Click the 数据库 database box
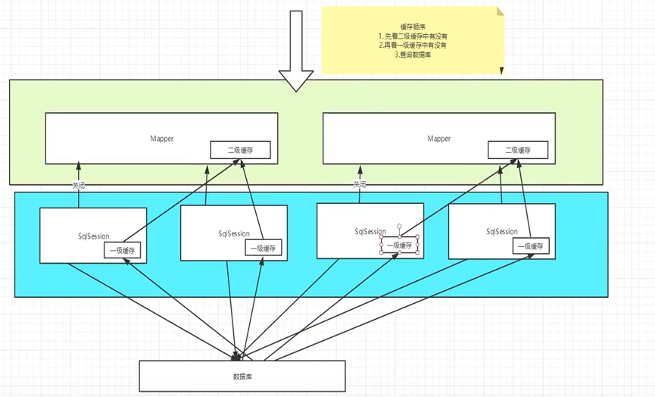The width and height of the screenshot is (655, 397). coord(242,375)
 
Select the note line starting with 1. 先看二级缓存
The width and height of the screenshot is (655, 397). coord(412,35)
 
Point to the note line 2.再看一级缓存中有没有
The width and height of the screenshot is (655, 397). coord(413,45)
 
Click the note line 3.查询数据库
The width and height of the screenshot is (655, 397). coord(412,55)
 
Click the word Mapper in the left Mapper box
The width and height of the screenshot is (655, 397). coord(161,139)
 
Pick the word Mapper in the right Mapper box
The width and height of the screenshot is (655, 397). coord(438,139)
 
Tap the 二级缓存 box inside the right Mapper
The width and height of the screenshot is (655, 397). coord(518,150)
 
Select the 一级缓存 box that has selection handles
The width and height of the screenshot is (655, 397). coord(399,245)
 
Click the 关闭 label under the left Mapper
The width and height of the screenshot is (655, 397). coord(80,185)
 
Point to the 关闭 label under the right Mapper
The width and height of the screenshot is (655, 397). coord(360,185)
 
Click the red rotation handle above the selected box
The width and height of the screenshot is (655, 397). coord(399,226)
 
